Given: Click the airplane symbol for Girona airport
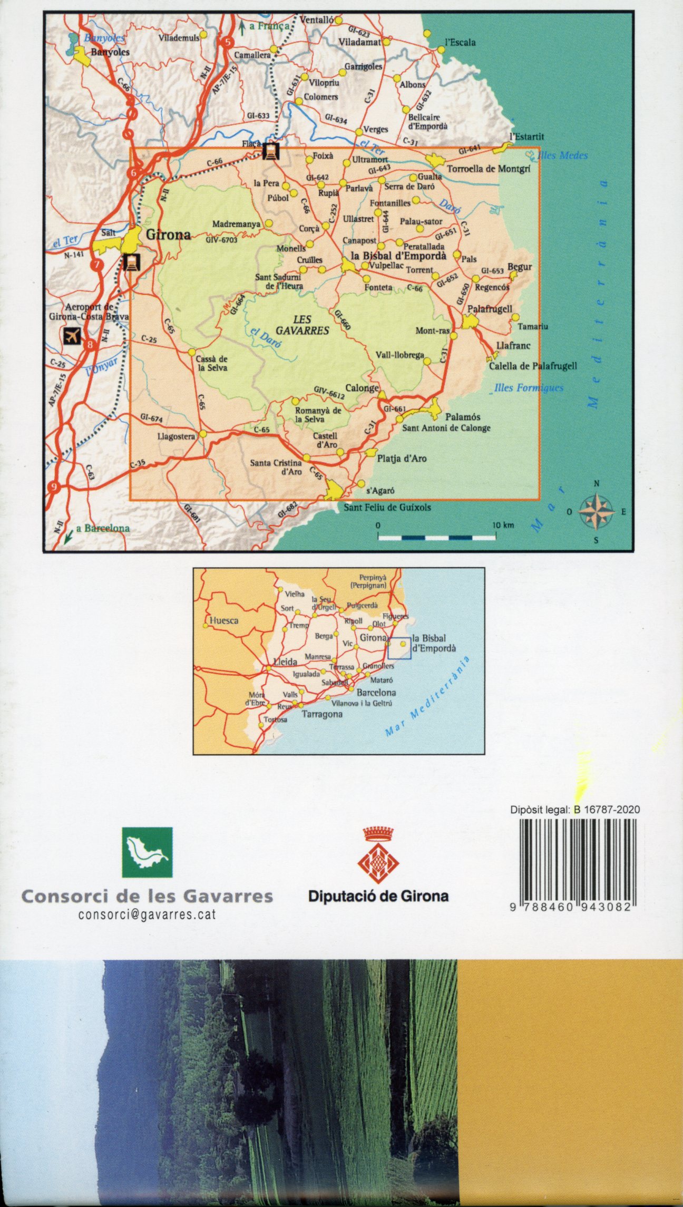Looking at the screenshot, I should [72, 335].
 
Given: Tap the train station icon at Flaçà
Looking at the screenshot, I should [271, 151].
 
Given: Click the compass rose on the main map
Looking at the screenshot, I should [597, 511].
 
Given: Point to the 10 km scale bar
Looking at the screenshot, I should [437, 537].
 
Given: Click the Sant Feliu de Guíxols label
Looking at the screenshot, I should [387, 508].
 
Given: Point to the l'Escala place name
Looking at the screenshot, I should [460, 43].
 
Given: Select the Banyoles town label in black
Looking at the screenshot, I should [110, 53].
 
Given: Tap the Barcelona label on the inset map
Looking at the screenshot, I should [376, 692].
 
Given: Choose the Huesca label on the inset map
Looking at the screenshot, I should [224, 620].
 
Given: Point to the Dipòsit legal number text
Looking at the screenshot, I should [575, 810].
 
